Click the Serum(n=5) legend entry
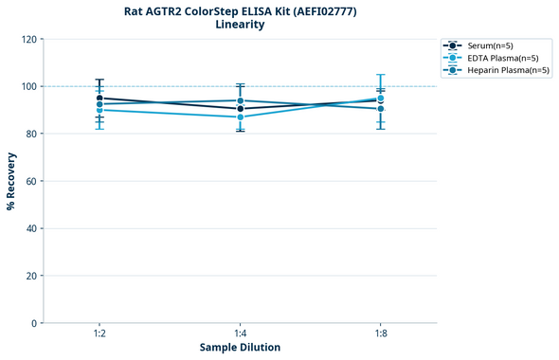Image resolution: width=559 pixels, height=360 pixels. coord(490,45)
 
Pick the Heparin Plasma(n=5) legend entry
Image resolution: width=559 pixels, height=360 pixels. coord(503,70)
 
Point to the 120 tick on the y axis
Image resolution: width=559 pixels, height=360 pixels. coord(31,39)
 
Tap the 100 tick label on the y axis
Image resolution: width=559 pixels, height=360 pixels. coord(31,86)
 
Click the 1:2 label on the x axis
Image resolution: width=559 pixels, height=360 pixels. coord(99,334)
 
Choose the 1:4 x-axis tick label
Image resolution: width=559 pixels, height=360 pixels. coord(240,334)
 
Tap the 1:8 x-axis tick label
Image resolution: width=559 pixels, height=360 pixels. coord(381,334)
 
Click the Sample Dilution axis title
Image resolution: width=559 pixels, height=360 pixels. coord(240,348)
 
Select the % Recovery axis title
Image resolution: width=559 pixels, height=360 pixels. coord(12,181)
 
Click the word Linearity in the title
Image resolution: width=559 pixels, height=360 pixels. coord(240,25)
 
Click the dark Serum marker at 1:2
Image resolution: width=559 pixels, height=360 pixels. coord(99,98)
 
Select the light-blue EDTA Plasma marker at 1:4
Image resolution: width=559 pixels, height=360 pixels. coord(240,117)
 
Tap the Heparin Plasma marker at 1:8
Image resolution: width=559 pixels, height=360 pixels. coord(381,109)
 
